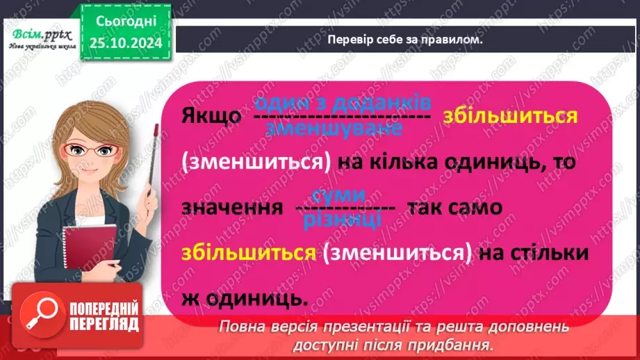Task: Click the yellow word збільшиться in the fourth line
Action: coord(247,253)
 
